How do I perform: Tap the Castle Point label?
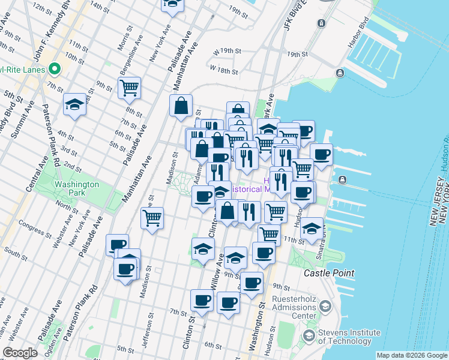(x=329, y=273)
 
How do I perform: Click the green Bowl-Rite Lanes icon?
(x=55, y=69)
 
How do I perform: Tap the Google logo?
(x=20, y=353)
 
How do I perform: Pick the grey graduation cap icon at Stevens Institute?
(x=325, y=306)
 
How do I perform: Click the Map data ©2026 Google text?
(x=411, y=355)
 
